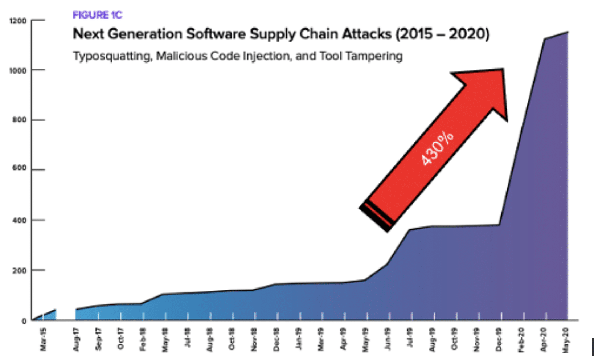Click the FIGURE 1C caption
pos(97,15)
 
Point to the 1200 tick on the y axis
pos(18,21)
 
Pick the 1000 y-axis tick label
pos(18,71)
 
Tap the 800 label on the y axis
pos(20,120)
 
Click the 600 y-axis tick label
pos(20,168)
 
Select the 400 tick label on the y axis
pos(20,220)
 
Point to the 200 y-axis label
pos(20,271)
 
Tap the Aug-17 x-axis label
pos(77,339)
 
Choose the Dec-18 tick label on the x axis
pos(276,339)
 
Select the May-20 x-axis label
pos(566,339)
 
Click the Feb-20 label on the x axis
pos(521,339)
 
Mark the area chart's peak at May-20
pos(568,32)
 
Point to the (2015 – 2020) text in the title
pos(443,34)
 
